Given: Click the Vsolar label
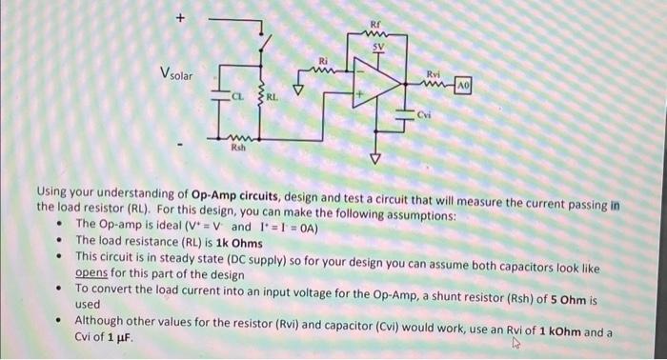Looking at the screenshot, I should (172, 74).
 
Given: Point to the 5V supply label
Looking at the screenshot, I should (378, 45).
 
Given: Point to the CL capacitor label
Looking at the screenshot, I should (235, 95).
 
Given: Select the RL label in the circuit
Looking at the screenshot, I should (271, 96).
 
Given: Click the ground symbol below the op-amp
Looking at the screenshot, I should (374, 156).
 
